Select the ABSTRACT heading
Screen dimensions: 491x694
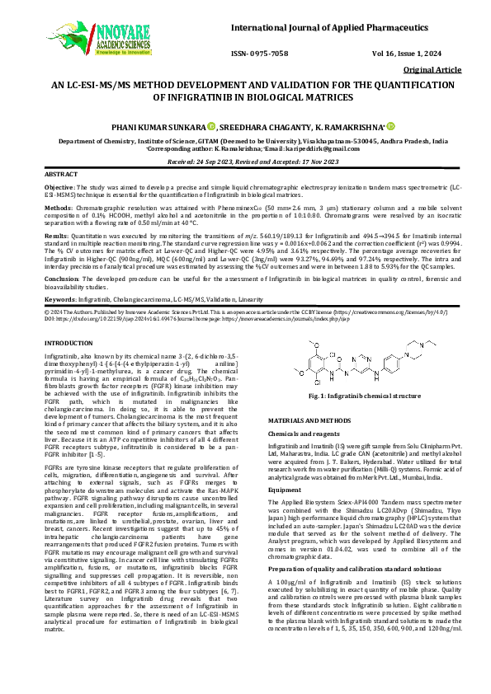click(61, 176)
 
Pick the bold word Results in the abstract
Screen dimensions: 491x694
click(57, 236)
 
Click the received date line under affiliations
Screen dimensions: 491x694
click(246, 162)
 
